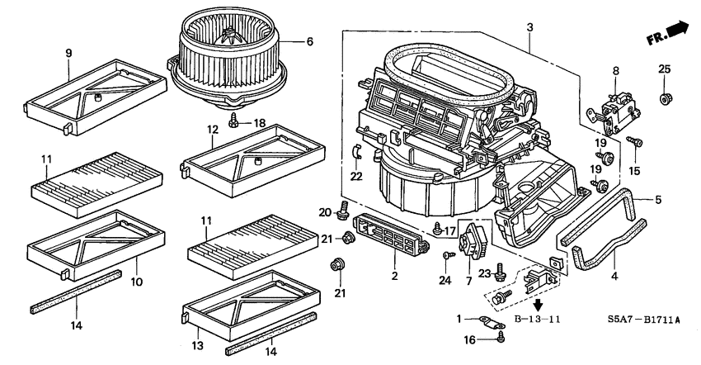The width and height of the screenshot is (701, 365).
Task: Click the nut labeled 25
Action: [665, 99]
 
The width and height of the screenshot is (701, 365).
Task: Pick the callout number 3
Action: [529, 27]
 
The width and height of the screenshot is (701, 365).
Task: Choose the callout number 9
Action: [68, 54]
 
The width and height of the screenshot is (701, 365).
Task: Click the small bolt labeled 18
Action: [235, 121]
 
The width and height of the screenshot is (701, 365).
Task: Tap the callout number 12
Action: [212, 130]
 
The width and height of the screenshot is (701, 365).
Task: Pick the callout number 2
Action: [394, 276]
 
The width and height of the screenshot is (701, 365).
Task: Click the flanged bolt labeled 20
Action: [341, 216]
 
